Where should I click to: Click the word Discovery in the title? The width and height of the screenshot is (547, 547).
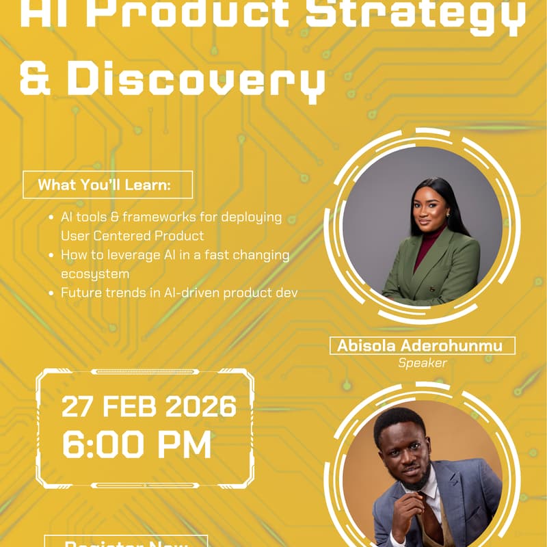tap(195, 81)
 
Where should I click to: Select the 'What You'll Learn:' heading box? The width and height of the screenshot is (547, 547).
tap(107, 185)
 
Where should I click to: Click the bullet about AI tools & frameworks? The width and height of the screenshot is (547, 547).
tap(171, 217)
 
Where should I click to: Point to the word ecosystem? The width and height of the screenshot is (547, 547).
tap(95, 273)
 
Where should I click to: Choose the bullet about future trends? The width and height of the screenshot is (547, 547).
tap(179, 293)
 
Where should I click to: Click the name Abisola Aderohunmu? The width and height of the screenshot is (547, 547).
tap(420, 346)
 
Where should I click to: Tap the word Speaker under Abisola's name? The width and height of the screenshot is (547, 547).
tap(423, 363)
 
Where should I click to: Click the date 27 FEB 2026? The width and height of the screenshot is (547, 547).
tap(149, 407)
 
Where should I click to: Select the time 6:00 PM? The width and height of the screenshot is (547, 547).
tap(137, 444)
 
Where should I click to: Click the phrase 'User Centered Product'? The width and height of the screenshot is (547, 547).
tap(132, 236)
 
